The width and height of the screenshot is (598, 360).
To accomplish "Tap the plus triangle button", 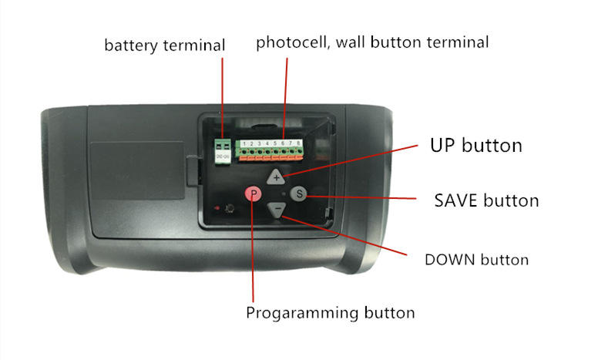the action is pyautogui.click(x=277, y=177).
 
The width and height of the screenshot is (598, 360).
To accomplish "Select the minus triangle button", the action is pyautogui.click(x=277, y=210).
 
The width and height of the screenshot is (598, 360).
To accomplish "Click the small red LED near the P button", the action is pyautogui.click(x=221, y=208).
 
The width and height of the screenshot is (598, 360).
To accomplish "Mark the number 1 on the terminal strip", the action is pyautogui.click(x=243, y=143).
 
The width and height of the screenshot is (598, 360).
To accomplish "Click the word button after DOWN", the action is pyautogui.click(x=506, y=259).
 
